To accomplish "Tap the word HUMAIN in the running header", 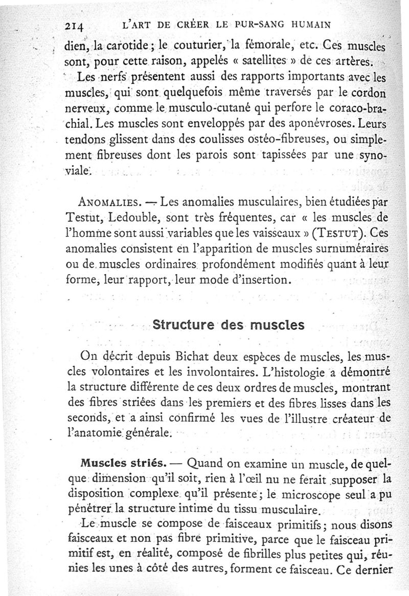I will (305, 24).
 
